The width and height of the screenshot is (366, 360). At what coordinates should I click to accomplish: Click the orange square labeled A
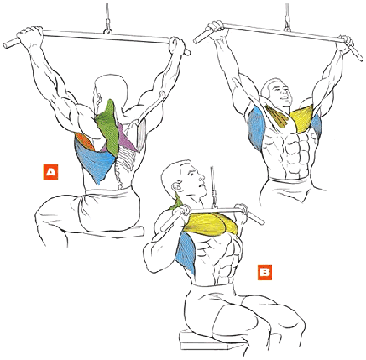(x=50, y=172)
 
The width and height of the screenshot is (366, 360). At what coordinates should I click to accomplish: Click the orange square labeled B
(x=264, y=273)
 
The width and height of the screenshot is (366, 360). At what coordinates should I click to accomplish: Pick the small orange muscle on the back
(x=85, y=141)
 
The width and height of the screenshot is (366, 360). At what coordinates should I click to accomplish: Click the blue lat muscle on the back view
(x=94, y=159)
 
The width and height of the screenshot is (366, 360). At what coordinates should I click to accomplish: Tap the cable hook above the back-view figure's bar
(x=107, y=27)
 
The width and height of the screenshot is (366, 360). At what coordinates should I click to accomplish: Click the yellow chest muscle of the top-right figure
(x=301, y=118)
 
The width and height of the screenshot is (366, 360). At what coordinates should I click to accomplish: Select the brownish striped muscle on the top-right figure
(x=278, y=116)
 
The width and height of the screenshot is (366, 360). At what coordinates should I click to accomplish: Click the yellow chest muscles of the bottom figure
(x=211, y=225)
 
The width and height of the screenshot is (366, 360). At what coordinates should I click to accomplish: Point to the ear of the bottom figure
(x=176, y=187)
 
